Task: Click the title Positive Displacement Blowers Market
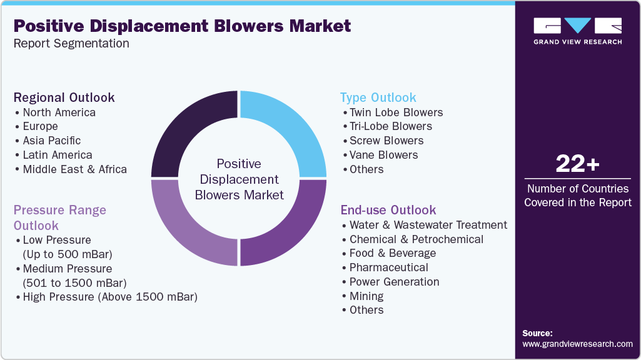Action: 182,26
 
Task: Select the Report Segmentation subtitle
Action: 71,44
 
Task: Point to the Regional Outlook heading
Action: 64,97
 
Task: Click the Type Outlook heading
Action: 378,97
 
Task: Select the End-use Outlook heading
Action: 388,210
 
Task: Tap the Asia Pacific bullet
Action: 51,141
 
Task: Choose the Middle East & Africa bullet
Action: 74,169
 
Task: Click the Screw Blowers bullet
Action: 386,141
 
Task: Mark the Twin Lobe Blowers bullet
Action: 396,112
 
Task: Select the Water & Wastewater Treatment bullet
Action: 428,225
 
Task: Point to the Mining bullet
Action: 366,296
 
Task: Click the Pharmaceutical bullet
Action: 388,267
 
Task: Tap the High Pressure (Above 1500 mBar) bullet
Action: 109,297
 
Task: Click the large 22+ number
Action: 577,164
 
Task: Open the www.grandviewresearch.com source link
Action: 577,344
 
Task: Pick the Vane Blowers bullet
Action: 383,155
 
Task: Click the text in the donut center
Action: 239,179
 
